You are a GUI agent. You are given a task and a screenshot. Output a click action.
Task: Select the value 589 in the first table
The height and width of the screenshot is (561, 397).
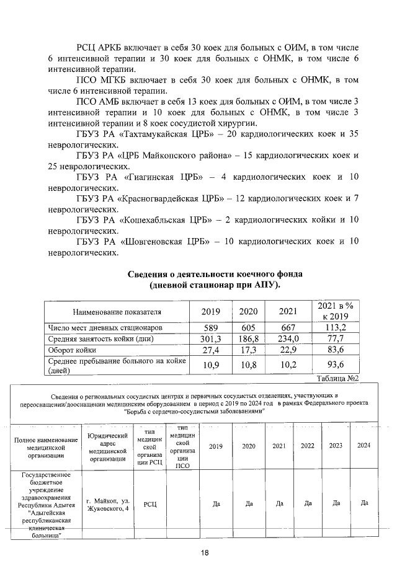213,327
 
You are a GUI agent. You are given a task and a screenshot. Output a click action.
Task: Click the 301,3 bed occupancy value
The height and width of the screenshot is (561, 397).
213,338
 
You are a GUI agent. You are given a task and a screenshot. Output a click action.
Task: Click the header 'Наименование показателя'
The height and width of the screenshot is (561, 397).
117,311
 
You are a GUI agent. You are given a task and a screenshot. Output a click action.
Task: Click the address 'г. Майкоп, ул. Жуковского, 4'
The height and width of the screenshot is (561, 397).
108,504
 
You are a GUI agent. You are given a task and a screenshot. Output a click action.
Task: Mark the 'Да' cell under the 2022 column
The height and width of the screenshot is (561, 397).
308,504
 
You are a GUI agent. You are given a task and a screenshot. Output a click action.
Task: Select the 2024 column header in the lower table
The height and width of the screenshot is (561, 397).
364,446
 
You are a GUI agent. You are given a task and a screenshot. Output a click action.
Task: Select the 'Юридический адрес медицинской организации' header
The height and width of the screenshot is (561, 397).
108,446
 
